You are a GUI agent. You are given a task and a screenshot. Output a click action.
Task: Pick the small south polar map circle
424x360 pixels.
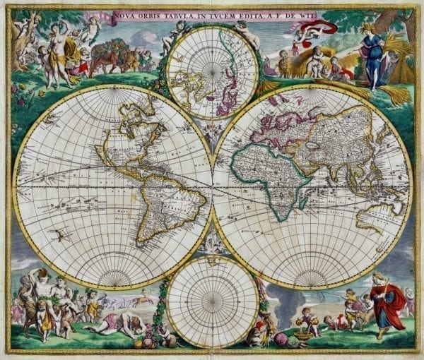coord(212,300)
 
